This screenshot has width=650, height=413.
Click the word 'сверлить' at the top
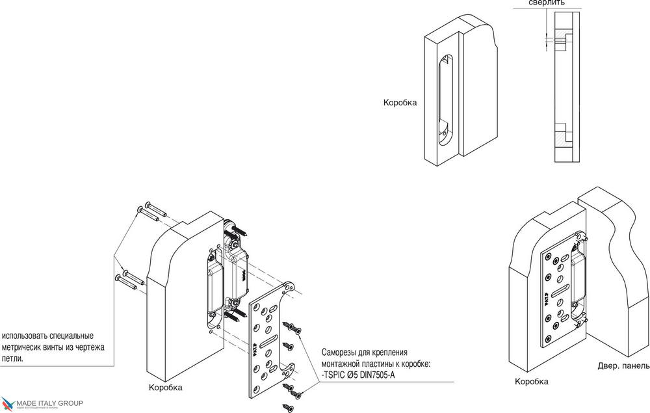pos(547,3)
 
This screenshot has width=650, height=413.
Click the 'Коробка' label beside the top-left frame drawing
pos(400,103)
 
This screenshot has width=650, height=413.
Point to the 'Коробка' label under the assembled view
pos(531,382)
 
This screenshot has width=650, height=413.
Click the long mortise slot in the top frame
pos(443,98)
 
